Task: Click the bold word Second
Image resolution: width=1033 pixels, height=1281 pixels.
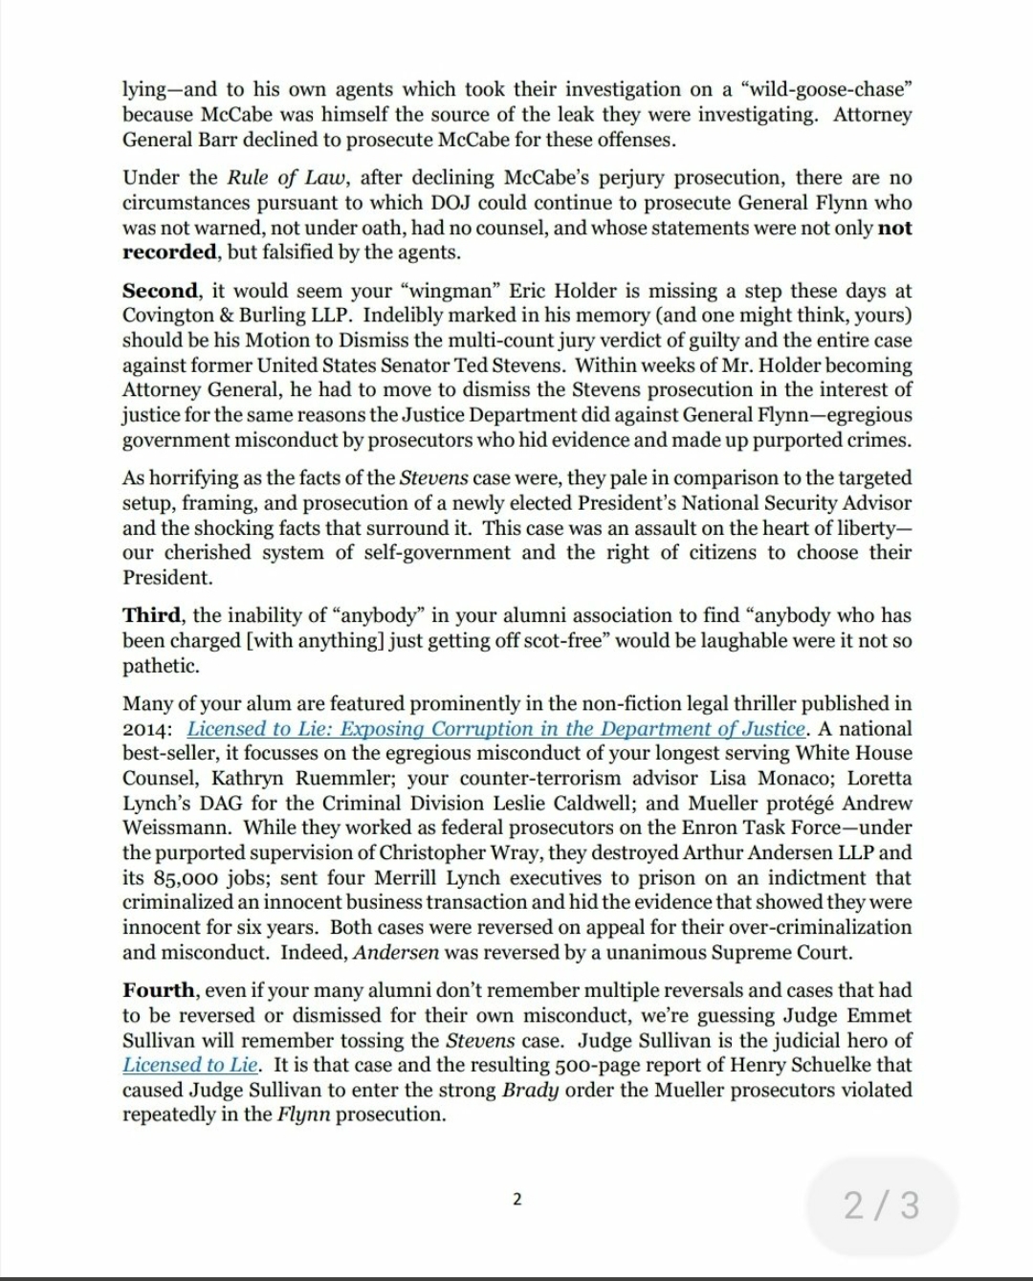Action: (x=160, y=291)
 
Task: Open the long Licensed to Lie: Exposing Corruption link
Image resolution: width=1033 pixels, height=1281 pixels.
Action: (x=495, y=729)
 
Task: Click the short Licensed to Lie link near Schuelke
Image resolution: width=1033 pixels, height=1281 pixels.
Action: (x=191, y=1065)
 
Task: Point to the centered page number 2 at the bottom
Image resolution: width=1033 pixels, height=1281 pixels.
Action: (x=516, y=1199)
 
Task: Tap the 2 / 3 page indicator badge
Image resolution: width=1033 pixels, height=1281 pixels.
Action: (x=882, y=1204)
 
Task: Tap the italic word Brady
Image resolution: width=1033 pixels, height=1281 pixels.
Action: (x=531, y=1090)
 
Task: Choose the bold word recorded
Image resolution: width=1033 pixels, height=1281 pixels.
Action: (x=169, y=253)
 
